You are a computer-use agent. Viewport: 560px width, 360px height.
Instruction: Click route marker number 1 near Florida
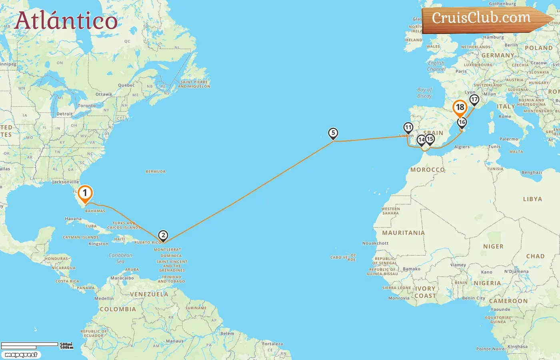[85, 193]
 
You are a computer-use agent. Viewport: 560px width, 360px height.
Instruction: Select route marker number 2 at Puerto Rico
[163, 236]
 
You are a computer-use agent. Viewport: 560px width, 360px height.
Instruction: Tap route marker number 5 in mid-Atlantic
[333, 133]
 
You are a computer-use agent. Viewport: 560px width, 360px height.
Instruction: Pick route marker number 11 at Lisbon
[408, 128]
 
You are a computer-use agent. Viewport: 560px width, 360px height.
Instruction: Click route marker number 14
[421, 140]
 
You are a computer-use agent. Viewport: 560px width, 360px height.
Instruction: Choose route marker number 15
[430, 139]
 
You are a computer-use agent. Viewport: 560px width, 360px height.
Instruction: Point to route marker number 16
[462, 122]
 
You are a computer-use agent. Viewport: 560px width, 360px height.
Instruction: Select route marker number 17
[474, 99]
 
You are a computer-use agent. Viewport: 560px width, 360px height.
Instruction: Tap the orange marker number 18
[460, 108]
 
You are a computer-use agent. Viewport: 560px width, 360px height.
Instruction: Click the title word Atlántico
[66, 21]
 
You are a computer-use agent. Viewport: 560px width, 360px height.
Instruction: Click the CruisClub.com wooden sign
[482, 18]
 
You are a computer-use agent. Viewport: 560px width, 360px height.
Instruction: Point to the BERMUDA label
[156, 172]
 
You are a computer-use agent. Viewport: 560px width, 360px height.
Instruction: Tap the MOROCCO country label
[427, 170]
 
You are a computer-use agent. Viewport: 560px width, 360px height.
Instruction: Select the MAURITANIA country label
[403, 233]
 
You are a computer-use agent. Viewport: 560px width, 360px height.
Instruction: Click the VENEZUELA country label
[149, 294]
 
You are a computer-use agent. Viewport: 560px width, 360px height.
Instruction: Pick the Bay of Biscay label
[424, 93]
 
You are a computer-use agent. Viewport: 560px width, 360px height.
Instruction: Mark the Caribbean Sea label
[120, 258]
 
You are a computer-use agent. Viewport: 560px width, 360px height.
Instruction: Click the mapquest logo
[21, 355]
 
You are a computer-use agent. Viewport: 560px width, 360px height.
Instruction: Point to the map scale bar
[30, 345]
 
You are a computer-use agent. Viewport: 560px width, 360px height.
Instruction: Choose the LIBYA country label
[532, 199]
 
